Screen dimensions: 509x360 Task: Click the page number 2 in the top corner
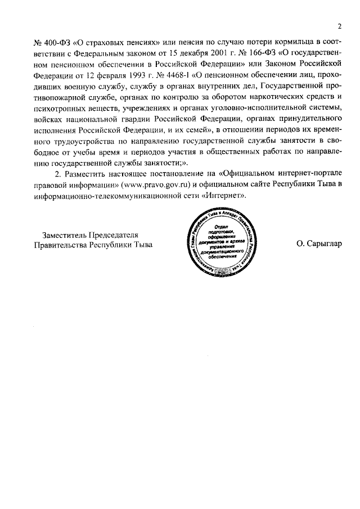340,26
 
